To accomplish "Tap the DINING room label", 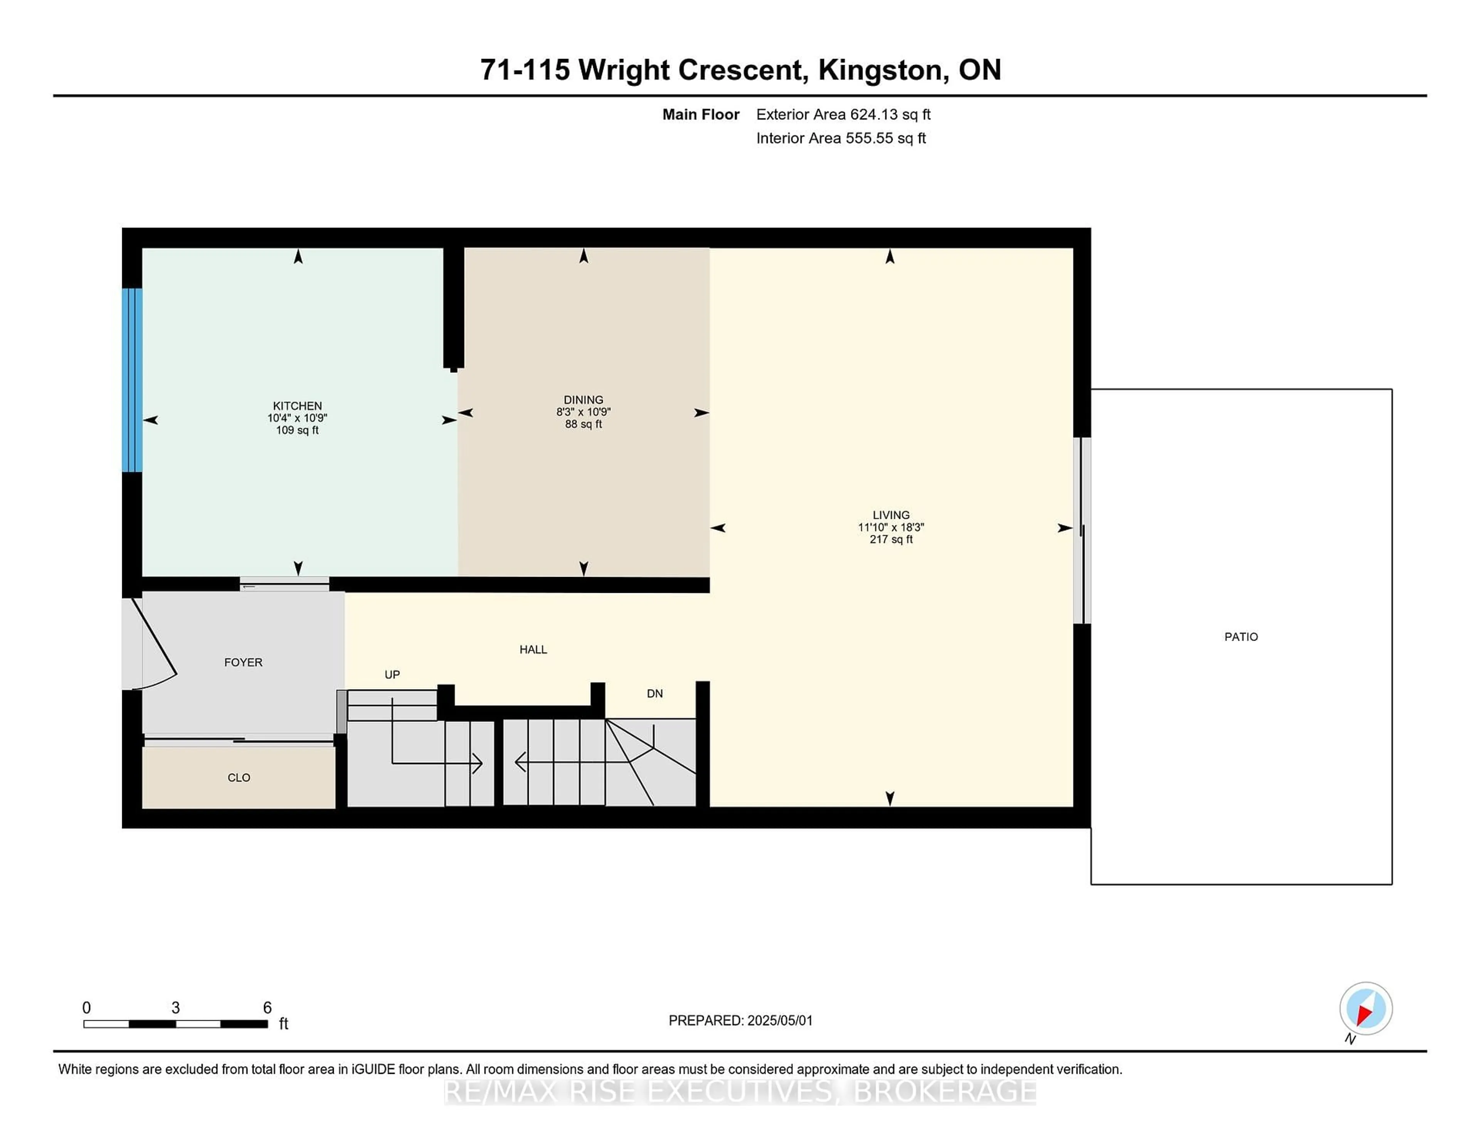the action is click(584, 400).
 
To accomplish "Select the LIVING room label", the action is click(891, 515).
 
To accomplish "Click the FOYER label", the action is click(243, 662).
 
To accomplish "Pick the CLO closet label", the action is click(239, 777).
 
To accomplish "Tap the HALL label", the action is click(533, 649).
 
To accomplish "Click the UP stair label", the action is click(392, 675).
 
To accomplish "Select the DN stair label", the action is click(654, 693).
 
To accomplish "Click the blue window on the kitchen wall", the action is click(132, 380).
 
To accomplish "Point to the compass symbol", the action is click(1366, 1008).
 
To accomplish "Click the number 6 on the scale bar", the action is click(268, 1008).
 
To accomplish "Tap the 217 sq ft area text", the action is click(891, 540).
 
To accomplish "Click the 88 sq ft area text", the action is click(584, 424).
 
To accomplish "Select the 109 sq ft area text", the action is click(298, 431).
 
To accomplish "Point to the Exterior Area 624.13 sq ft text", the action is click(844, 114).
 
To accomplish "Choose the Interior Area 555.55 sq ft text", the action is click(841, 138).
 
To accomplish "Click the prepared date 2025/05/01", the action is click(779, 1021).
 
